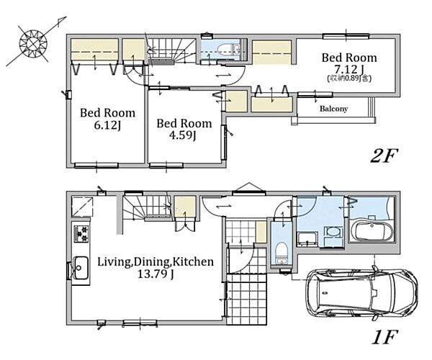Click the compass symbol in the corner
pyautogui.click(x=33, y=43)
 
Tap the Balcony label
pyautogui.click(x=333, y=109)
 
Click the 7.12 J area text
pyautogui.click(x=349, y=69)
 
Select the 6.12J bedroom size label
pyautogui.click(x=107, y=125)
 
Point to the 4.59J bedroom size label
pyautogui.click(x=182, y=135)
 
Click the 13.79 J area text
pyautogui.click(x=156, y=274)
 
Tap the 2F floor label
pyautogui.click(x=384, y=156)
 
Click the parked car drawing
pyautogui.click(x=361, y=293)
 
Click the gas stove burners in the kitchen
pyautogui.click(x=81, y=234)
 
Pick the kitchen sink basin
pyautogui.click(x=81, y=268)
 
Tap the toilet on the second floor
pyautogui.click(x=228, y=50)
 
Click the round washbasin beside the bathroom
pyautogui.click(x=333, y=232)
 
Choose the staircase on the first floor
pyautogui.click(x=146, y=207)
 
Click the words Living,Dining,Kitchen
pyautogui.click(x=156, y=261)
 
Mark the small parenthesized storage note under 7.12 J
pyautogui.click(x=349, y=78)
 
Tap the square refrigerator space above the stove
pyautogui.click(x=82, y=207)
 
